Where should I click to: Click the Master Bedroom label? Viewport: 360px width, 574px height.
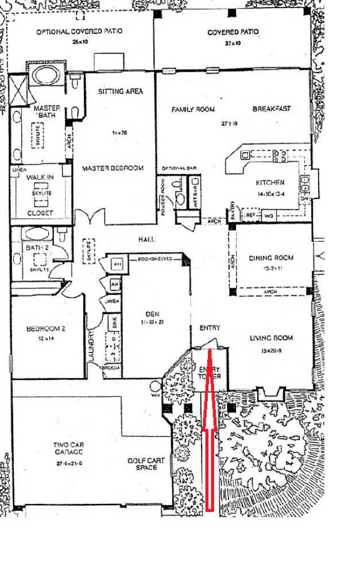pyautogui.click(x=113, y=168)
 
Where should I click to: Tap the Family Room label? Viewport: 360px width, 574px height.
pyautogui.click(x=193, y=110)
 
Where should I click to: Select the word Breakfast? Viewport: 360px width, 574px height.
pyautogui.click(x=272, y=108)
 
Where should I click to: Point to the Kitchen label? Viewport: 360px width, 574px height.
pyautogui.click(x=270, y=183)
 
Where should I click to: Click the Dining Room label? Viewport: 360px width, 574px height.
pyautogui.click(x=271, y=258)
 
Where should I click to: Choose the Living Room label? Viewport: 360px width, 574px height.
pyautogui.click(x=271, y=338)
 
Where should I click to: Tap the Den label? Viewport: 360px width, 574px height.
pyautogui.click(x=153, y=314)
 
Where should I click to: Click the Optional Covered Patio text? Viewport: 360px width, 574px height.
pyautogui.click(x=79, y=32)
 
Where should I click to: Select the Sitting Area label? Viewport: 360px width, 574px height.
pyautogui.click(x=120, y=91)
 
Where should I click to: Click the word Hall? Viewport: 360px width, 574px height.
pyautogui.click(x=147, y=239)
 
